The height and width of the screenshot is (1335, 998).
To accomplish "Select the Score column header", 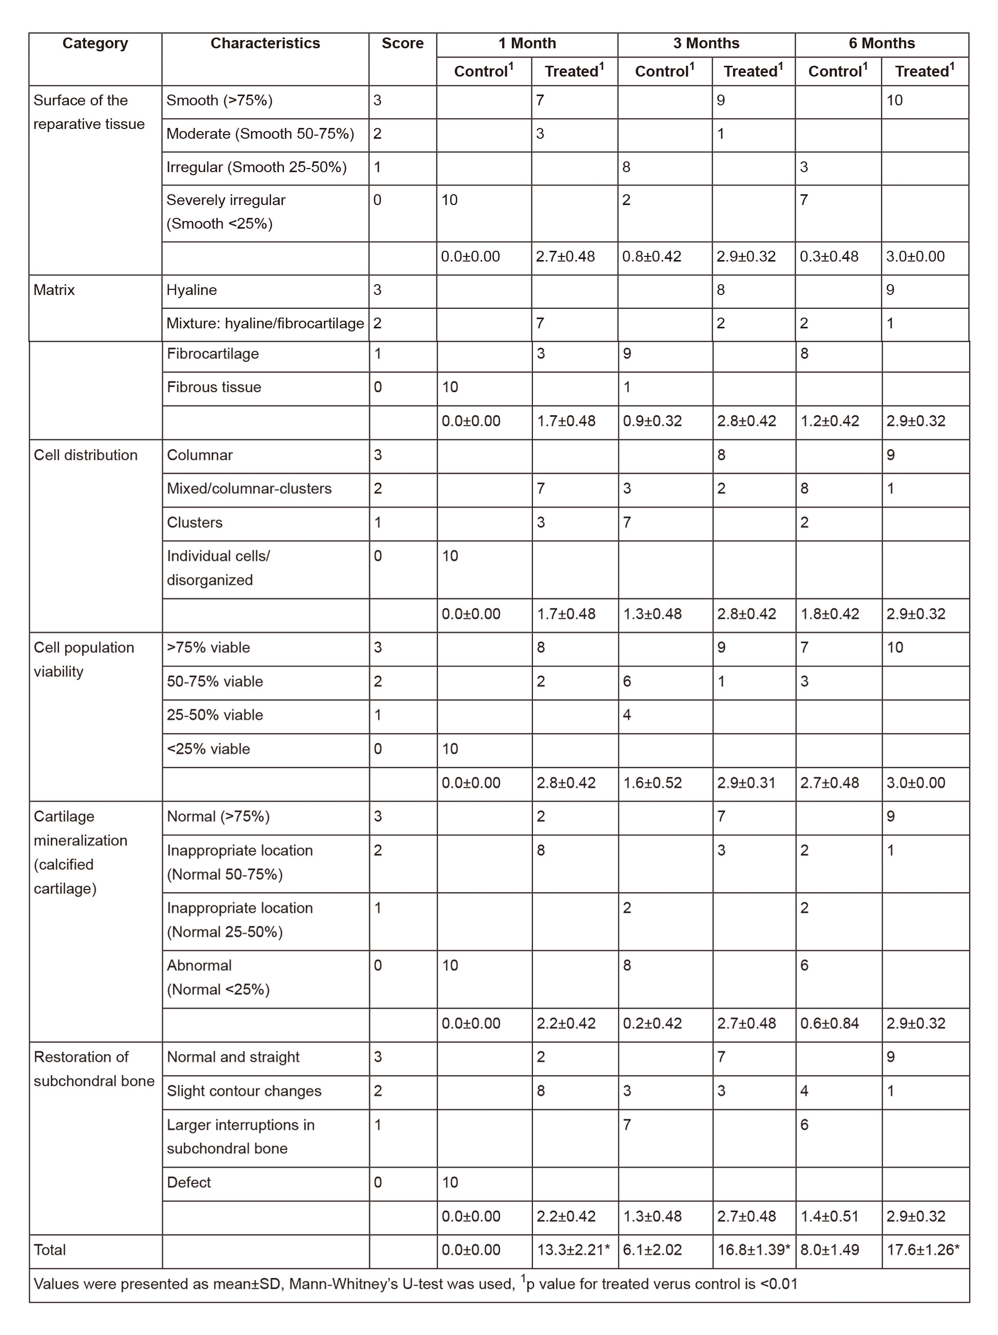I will (402, 44).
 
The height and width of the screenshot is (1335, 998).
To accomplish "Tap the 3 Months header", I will (706, 44).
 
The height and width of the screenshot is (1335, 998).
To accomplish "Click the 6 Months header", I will (881, 44).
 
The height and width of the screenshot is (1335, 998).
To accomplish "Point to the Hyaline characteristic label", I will (192, 290).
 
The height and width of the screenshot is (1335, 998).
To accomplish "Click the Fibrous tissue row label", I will (214, 387).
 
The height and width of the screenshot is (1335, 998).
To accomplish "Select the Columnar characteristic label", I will (200, 455).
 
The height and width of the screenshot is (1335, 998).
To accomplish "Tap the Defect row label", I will (189, 1182).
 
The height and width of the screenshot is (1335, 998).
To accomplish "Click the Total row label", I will (49, 1250).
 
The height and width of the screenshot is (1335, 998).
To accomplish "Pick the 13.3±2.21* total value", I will (573, 1250).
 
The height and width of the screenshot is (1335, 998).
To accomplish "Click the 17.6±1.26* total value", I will (923, 1250).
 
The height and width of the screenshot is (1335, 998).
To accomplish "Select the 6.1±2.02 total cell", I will (652, 1250).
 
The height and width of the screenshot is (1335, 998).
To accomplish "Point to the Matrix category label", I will (54, 290).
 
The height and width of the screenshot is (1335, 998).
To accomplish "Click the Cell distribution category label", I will (86, 455).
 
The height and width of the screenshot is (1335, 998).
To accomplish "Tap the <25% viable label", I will (208, 749).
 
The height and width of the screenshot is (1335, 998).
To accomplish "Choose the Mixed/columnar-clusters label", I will (249, 489).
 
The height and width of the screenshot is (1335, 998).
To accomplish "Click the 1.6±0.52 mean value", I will (652, 783).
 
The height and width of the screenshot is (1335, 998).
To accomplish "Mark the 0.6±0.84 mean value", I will (830, 1024).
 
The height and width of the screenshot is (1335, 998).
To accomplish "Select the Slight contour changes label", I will (244, 1091).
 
